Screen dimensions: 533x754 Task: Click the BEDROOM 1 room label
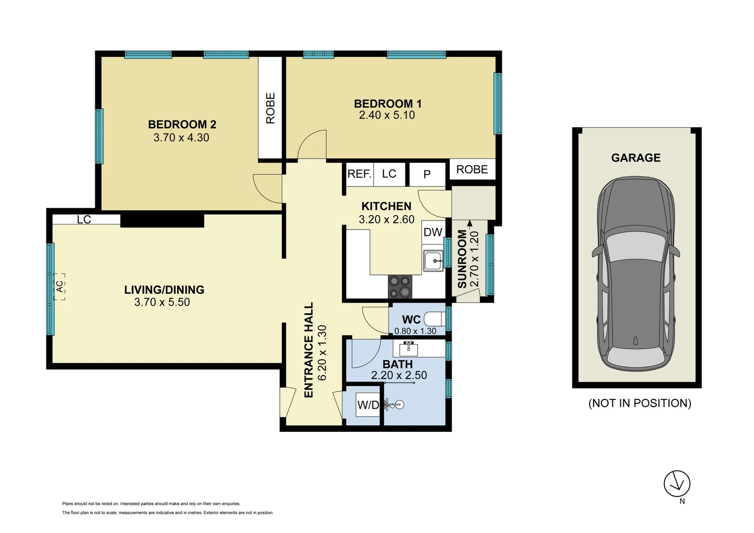click(x=387, y=104)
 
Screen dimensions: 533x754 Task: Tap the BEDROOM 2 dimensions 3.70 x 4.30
click(x=181, y=138)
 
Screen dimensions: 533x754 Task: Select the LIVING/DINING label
click(x=164, y=290)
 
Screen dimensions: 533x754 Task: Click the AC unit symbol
click(x=60, y=287)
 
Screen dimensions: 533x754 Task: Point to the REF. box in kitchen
click(x=359, y=174)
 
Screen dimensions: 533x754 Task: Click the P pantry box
click(x=427, y=174)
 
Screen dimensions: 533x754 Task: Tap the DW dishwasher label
click(x=433, y=232)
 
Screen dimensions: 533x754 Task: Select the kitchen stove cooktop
click(x=400, y=287)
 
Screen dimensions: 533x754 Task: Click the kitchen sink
click(x=433, y=261)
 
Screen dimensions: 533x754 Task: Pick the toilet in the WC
click(x=435, y=319)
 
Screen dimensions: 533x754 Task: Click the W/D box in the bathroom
click(x=368, y=405)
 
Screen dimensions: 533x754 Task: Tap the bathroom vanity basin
click(x=408, y=349)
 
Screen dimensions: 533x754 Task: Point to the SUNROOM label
click(x=462, y=259)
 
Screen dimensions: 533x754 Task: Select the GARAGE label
click(x=636, y=158)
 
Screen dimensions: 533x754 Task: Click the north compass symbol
click(x=677, y=484)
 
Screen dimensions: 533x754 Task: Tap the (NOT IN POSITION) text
click(x=640, y=403)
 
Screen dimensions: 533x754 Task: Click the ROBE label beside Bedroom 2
click(x=270, y=108)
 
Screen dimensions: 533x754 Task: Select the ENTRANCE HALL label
click(x=309, y=350)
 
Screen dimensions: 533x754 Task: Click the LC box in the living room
click(x=84, y=220)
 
